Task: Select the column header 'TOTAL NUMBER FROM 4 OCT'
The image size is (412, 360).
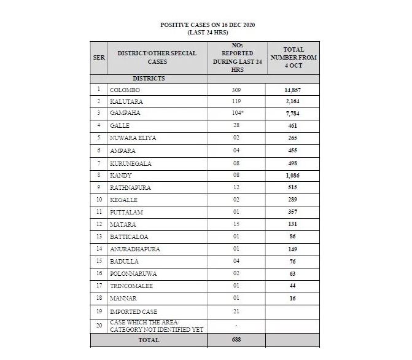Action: pos(293,57)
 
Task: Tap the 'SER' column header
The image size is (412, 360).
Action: pos(98,57)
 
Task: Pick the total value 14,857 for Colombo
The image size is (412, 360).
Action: pos(292,90)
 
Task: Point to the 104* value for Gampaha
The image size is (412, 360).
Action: pos(236,114)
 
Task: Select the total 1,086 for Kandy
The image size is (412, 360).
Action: pos(292,174)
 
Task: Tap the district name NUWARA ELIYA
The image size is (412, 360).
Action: pos(133,138)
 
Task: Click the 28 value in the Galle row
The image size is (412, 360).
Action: pos(236,126)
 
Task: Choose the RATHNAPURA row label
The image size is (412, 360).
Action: pos(130,187)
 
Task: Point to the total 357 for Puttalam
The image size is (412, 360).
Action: pos(292,211)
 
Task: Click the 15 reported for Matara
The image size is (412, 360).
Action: pos(236,223)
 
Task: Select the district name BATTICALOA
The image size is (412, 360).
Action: pos(129,235)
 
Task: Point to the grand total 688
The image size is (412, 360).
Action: pos(236,340)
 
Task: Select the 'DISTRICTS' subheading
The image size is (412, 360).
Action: pos(149,79)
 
